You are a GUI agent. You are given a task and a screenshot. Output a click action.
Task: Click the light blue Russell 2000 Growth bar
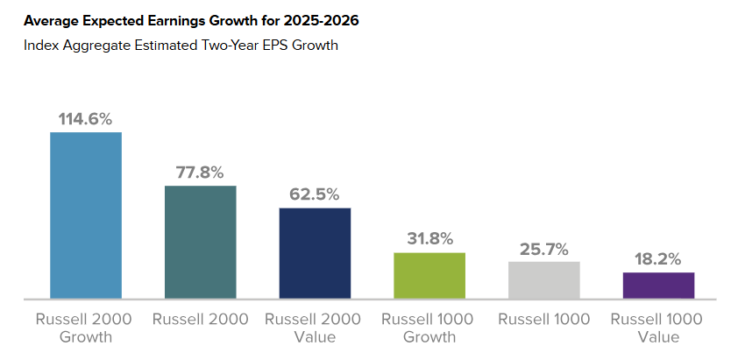coord(85,215)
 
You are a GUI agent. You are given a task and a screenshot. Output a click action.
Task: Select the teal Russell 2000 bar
coord(200,242)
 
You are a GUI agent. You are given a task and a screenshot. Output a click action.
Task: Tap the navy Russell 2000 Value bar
coord(315,252)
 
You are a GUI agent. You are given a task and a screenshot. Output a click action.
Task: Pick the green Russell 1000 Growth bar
coord(429,275)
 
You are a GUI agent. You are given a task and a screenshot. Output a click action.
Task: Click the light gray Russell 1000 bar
coord(543,279)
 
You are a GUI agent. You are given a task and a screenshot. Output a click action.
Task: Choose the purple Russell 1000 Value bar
coord(658,285)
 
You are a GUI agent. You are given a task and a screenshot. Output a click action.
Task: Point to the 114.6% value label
coord(85,118)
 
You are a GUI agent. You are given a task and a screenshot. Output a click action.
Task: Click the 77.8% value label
coord(200,172)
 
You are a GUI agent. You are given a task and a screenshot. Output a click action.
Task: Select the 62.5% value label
coord(315,194)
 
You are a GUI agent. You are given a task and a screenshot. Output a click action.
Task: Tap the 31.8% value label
coord(429,238)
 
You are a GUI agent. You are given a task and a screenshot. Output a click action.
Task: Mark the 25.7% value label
coord(543,247)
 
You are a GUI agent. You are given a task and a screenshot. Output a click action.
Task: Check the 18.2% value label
coord(658,258)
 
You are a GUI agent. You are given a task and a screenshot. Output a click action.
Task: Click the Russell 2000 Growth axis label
coord(85,328)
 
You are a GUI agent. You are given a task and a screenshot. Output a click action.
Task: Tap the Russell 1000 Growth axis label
coord(429,328)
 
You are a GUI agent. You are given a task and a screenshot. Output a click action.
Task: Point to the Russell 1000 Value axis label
coord(658,328)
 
